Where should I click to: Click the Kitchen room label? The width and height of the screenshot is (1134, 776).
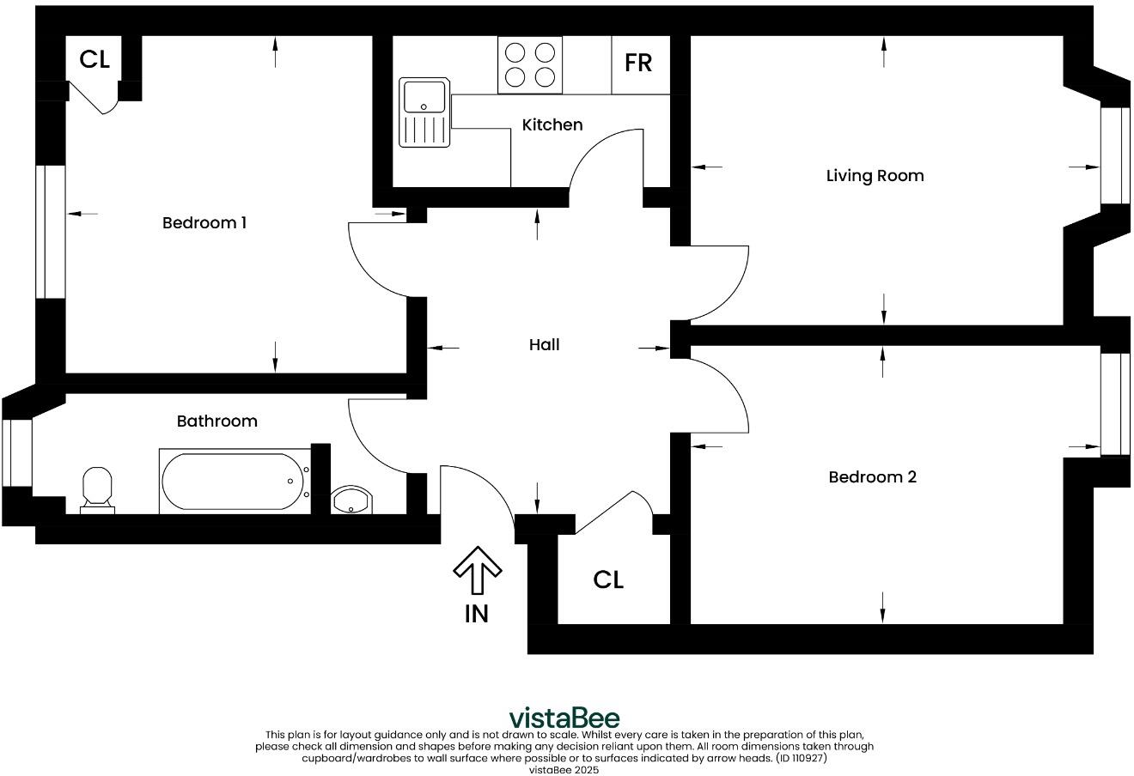552,124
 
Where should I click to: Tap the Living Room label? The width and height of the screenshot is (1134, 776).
875,176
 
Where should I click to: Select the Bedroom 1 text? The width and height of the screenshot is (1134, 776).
204,223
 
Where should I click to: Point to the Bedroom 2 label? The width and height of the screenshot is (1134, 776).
872,476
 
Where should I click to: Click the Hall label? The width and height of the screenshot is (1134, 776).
544,344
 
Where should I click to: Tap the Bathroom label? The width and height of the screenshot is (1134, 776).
216,421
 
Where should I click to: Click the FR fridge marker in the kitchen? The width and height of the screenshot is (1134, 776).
638,63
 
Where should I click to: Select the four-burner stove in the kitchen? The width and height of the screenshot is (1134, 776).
529,64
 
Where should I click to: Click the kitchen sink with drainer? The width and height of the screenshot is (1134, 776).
424,112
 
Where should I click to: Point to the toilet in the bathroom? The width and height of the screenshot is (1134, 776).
97,489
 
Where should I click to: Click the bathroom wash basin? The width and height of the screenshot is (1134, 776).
351,500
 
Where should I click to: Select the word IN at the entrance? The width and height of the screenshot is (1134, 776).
477,613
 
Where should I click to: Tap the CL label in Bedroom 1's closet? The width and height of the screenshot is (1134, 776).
94,59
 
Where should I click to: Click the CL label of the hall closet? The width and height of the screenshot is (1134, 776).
608,579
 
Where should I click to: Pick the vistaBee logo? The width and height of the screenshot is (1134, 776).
564,717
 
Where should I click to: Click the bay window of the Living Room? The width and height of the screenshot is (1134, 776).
1115,155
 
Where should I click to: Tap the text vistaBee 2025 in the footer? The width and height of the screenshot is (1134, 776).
564,770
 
